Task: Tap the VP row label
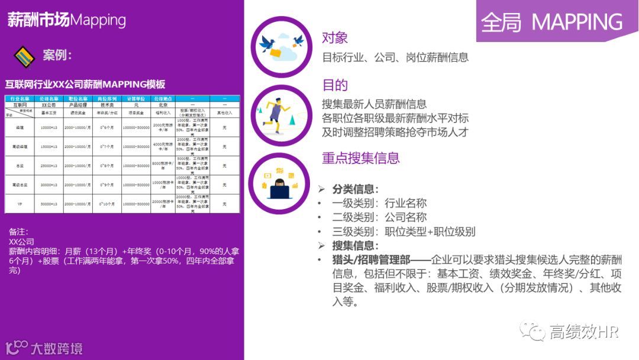[x=20, y=204]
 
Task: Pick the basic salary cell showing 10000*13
[x=49, y=128]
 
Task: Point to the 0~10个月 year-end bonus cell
[x=107, y=204]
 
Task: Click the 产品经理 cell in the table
[x=78, y=105]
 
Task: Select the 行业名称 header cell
[x=20, y=98]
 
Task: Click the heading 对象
[x=335, y=38]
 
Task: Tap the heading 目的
[x=335, y=85]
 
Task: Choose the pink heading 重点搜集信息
[x=361, y=158]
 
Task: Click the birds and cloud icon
[x=282, y=47]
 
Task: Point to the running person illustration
[x=280, y=112]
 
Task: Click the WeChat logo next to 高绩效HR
[x=532, y=332]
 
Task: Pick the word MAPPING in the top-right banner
[x=577, y=22]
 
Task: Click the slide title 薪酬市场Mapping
[x=66, y=20]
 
